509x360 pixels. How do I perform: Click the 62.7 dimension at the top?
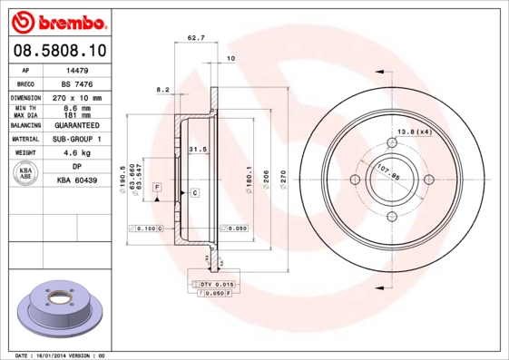(194, 38)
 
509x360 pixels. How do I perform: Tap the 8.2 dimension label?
(164, 89)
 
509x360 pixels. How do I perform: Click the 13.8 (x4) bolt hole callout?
(412, 133)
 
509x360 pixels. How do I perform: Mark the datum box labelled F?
(157, 186)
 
